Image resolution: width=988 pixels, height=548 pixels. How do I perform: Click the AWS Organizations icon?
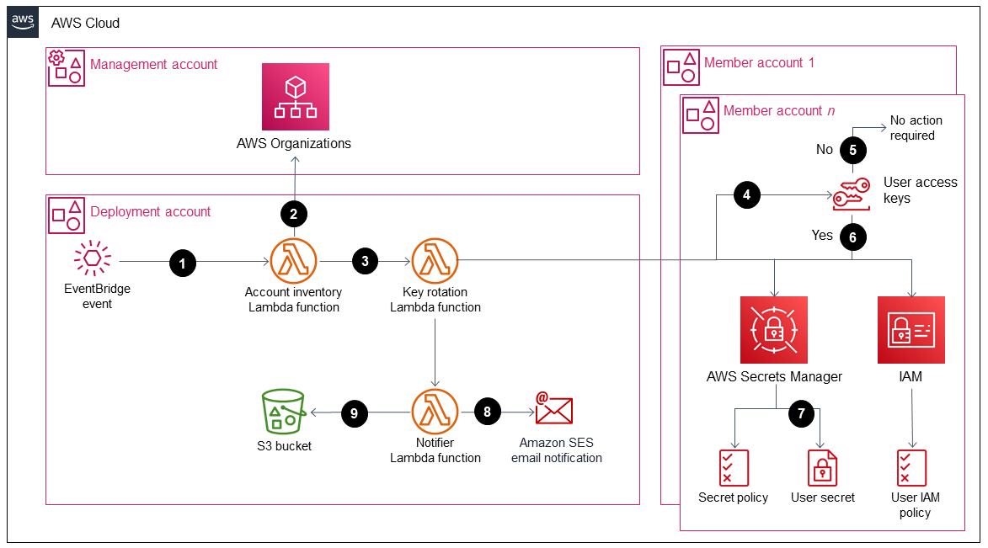tap(295, 96)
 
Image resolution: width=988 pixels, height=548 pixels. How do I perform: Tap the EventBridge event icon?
tap(93, 259)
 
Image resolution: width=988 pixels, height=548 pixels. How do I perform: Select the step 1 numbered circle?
tap(183, 263)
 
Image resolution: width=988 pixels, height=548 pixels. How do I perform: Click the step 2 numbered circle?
tap(294, 214)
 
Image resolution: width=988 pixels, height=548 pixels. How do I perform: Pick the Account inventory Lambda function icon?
tap(294, 262)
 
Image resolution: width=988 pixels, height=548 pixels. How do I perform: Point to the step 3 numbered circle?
tap(365, 262)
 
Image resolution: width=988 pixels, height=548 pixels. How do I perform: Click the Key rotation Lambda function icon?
tap(435, 262)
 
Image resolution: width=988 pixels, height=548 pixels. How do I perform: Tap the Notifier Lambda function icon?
tap(435, 412)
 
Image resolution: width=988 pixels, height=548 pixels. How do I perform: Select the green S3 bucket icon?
tap(284, 412)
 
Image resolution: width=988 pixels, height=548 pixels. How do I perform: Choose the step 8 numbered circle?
tap(487, 412)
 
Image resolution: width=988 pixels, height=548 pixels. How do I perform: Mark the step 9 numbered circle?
tap(355, 412)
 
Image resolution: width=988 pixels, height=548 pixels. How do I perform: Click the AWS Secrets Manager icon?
tap(774, 329)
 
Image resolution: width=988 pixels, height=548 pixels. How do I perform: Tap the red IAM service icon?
tap(911, 329)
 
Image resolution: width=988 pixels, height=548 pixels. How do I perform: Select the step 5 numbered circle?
tap(853, 150)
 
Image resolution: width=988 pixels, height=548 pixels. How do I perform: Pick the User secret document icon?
tap(822, 468)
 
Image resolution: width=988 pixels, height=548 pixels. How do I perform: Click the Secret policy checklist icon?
tap(733, 468)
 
